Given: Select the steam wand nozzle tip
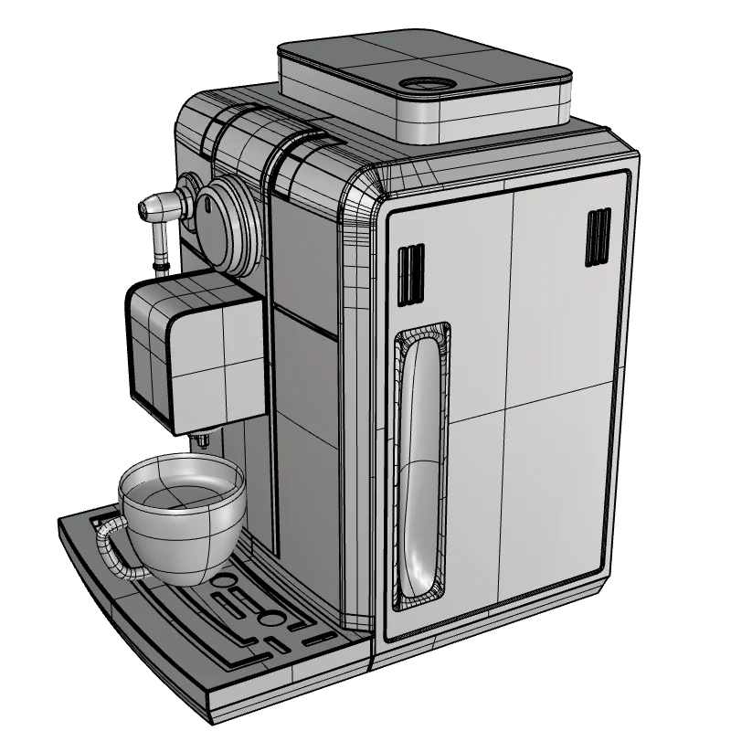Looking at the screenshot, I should pyautogui.click(x=146, y=208).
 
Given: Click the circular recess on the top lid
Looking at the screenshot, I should pyautogui.click(x=423, y=85).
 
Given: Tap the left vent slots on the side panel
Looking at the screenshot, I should pyautogui.click(x=410, y=271).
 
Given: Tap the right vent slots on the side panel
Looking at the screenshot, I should pyautogui.click(x=598, y=237).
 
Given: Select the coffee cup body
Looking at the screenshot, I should pyautogui.click(x=183, y=539).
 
